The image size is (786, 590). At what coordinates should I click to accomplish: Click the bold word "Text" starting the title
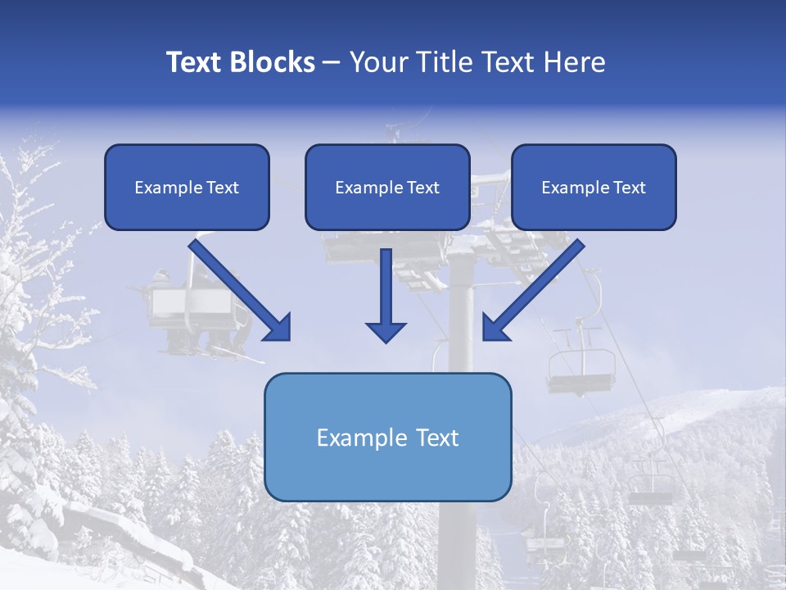pos(193,62)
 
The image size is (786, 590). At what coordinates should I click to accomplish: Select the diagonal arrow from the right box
pos(535,288)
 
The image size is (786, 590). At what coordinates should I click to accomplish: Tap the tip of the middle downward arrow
pos(386,339)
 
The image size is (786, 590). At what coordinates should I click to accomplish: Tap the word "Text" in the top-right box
pos(629,188)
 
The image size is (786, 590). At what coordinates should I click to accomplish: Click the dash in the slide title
pos(332,62)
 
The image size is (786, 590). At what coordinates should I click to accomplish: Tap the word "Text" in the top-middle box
pos(422,188)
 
